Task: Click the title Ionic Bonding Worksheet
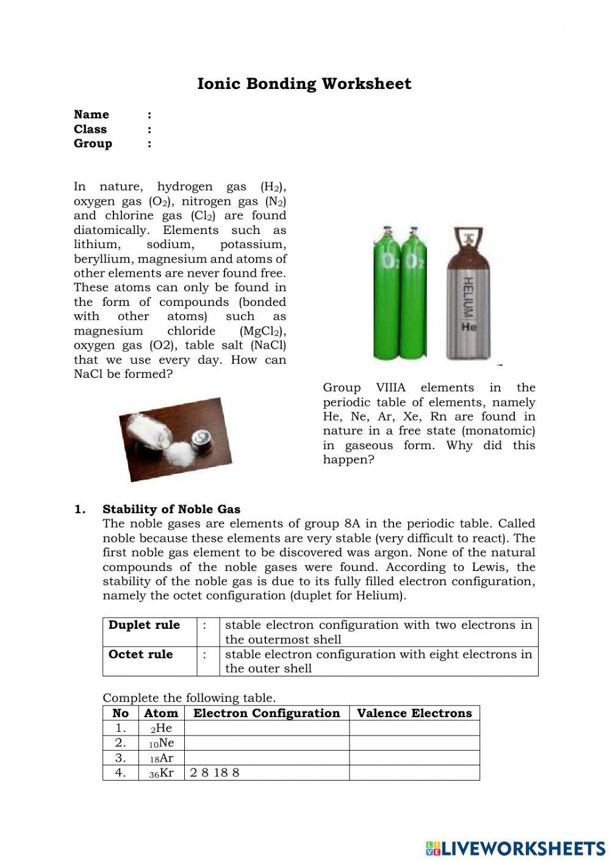click(x=304, y=84)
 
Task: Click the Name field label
click(x=91, y=115)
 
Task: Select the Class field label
click(x=90, y=129)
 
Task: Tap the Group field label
click(x=93, y=144)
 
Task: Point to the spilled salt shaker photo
click(x=174, y=439)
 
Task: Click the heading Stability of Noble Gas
click(x=171, y=509)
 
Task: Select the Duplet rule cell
click(x=145, y=625)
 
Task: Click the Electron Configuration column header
click(x=267, y=714)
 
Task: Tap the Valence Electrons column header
click(x=414, y=714)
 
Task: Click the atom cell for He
click(x=161, y=728)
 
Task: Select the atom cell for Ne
click(x=161, y=743)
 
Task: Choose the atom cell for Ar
click(x=161, y=758)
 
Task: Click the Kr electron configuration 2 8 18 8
click(x=215, y=773)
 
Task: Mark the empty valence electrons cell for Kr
click(x=414, y=773)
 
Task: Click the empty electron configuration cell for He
click(x=267, y=728)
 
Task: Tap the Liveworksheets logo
click(x=515, y=848)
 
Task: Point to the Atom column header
click(x=161, y=714)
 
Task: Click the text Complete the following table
click(x=189, y=698)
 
